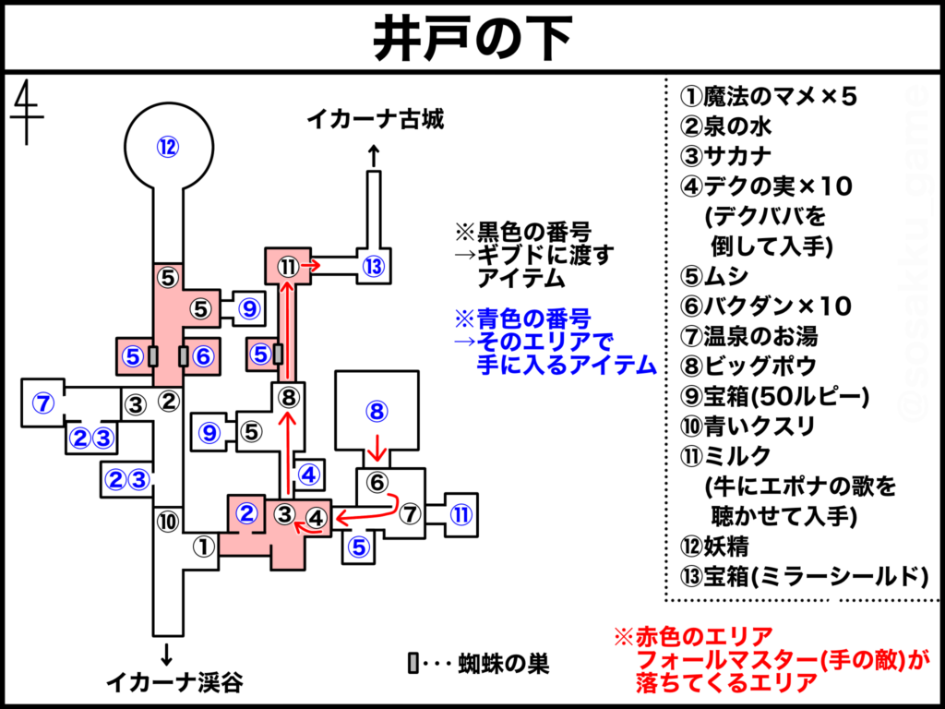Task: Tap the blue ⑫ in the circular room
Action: pos(168,147)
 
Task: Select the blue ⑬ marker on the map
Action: pos(374,266)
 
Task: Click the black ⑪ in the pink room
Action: pos(289,265)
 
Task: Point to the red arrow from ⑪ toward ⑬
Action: pos(311,265)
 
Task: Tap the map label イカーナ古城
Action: pos(375,119)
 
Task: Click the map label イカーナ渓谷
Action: pos(174,682)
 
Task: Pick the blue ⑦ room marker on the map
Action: pos(42,403)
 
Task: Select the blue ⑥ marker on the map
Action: pos(203,356)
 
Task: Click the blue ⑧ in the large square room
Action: pos(377,411)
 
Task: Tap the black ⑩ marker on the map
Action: pos(168,522)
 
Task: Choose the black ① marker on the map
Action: pos(204,547)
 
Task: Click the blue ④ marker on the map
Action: pos(308,475)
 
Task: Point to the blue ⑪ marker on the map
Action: pos(461,514)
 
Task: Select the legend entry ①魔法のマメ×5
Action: pos(769,96)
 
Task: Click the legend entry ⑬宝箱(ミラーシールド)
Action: pos(804,576)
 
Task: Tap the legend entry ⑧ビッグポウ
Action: pos(748,367)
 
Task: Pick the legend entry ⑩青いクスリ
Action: pos(748,427)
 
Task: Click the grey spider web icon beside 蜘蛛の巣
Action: pos(413,663)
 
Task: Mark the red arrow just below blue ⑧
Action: pos(377,448)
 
